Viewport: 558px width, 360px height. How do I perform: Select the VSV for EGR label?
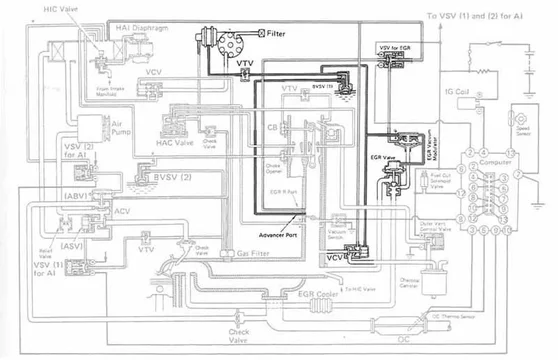[x=396, y=47]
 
